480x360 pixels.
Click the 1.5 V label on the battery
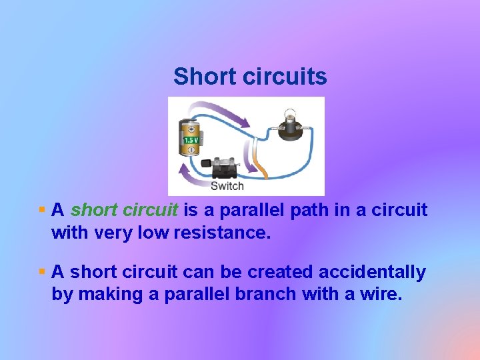190,141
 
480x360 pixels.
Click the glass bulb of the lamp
290,115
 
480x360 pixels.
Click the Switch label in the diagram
227,186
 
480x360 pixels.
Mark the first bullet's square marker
42,209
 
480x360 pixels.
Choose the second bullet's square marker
42,271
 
